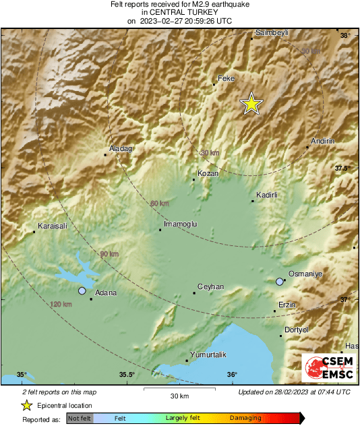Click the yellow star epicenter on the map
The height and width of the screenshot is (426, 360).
click(251, 104)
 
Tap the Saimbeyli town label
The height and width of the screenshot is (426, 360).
click(272, 32)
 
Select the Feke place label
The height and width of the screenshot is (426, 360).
click(227, 79)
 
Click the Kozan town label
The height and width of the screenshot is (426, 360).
click(209, 174)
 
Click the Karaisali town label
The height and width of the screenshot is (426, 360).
click(53, 226)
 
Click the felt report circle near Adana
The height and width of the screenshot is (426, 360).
click(82, 291)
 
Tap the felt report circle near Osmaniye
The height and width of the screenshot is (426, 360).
click(280, 282)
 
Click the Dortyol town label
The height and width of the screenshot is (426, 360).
click(297, 330)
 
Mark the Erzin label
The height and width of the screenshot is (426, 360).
click(288, 305)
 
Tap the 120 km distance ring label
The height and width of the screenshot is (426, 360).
click(61, 305)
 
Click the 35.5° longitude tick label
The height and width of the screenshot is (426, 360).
click(127, 375)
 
